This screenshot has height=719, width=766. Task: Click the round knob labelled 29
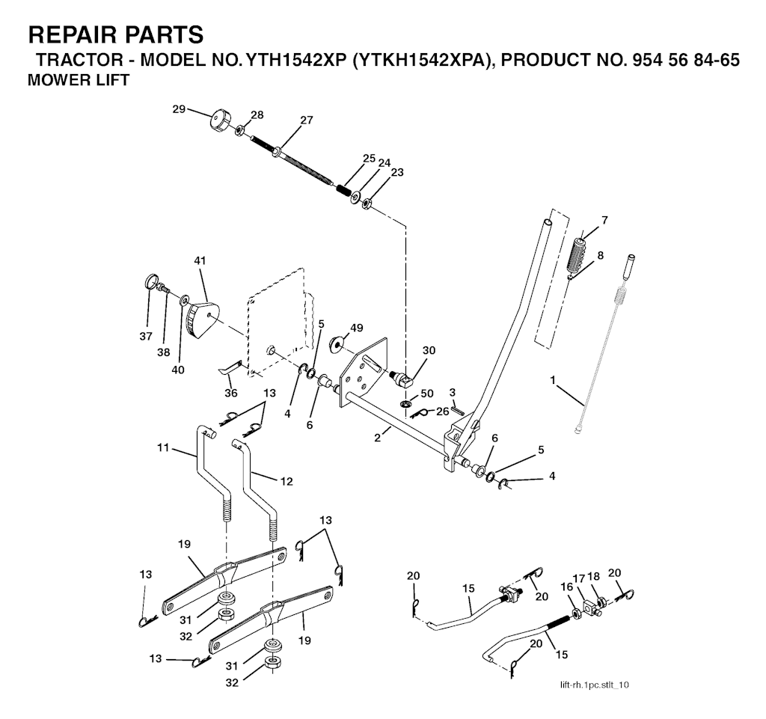pyautogui.click(x=221, y=120)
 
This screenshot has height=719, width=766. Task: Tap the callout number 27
pyautogui.click(x=306, y=120)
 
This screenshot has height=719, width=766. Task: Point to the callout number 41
pyautogui.click(x=199, y=260)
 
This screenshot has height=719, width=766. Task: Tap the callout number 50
pyautogui.click(x=426, y=393)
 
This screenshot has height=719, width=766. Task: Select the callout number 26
pyautogui.click(x=442, y=410)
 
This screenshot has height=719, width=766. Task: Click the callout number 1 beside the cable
pyautogui.click(x=553, y=380)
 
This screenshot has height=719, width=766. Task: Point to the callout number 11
pyautogui.click(x=164, y=448)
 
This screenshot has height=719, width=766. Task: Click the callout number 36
pyautogui.click(x=231, y=393)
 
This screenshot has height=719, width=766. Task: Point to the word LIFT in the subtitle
pyautogui.click(x=108, y=80)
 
